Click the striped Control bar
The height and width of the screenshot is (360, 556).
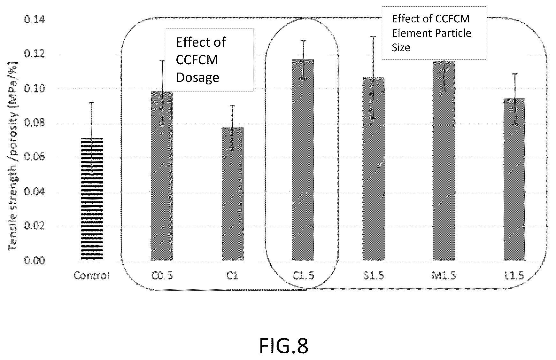[92, 199]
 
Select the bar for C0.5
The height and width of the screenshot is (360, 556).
[162, 176]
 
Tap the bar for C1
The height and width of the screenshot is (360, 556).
[233, 194]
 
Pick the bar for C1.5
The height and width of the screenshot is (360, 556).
[303, 160]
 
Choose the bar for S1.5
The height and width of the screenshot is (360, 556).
[374, 169]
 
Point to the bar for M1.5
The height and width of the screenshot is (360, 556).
[444, 161]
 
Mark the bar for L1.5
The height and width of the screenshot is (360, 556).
[514, 179]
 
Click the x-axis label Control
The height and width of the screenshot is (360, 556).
[92, 276]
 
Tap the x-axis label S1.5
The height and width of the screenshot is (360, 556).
[374, 276]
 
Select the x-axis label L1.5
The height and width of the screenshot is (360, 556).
[514, 276]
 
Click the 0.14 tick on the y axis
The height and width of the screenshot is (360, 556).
[35, 20]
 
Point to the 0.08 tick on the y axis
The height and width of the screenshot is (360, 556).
[35, 123]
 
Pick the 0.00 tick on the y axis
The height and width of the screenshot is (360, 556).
[35, 260]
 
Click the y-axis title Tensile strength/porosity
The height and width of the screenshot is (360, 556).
[13, 157]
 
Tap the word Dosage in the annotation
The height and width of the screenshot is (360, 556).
[197, 78]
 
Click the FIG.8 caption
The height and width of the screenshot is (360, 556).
[283, 346]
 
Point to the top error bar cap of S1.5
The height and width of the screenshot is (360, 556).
[373, 37]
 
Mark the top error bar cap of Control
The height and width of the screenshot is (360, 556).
[92, 103]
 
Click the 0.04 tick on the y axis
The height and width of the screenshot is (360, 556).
[35, 192]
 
